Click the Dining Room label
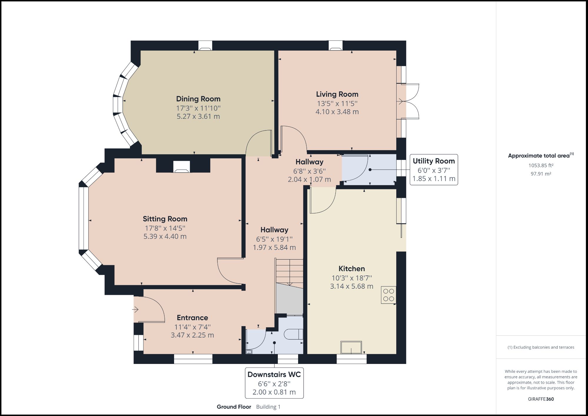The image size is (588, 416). coord(198,99)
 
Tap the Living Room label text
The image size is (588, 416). coord(337,94)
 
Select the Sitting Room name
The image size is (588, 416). coord(165,219)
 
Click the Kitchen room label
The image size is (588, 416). coord(352,268)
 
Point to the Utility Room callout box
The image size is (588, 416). coord(434,170)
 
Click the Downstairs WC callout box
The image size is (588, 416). coord(274,383)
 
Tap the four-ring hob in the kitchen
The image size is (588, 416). coord(388,295)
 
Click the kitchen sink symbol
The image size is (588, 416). coord(351,347)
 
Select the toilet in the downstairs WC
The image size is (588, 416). coord(294,334)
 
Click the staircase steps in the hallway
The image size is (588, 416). coord(289,272)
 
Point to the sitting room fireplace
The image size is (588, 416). coord(182,167)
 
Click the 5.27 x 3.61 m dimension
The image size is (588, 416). coord(198,116)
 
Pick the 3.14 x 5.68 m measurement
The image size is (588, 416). coord(352,286)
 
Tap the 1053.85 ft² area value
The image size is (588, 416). coord(541,165)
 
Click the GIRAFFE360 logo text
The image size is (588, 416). coord(541,399)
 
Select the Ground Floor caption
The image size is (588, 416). coord(234,407)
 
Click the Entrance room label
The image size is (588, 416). coord(192,318)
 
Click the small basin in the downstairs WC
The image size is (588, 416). coord(249,352)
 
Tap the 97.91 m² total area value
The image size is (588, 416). coord(541,174)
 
